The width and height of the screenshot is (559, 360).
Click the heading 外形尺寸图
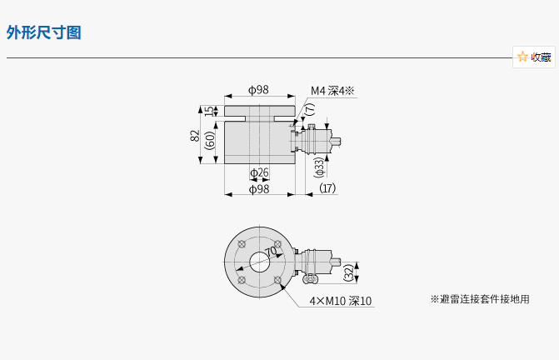44,32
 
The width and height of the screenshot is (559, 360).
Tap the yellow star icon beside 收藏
522,57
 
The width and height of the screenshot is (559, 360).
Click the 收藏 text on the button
541,57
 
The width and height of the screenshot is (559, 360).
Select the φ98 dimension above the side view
258,89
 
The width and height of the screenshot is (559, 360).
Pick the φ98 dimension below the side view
259,189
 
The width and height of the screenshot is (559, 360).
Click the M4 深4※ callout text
332,91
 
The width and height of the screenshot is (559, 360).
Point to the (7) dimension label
311,109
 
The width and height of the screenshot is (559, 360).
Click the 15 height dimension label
211,111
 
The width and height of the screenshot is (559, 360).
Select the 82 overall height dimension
195,136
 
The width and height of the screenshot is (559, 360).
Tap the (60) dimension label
210,140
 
